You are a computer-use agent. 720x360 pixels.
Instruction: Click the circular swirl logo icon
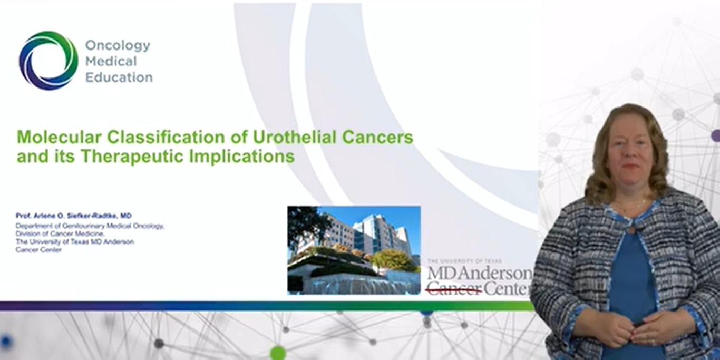tap(48, 61)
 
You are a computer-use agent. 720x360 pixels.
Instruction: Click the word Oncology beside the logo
tap(118, 46)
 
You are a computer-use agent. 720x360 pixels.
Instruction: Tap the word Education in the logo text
tap(119, 77)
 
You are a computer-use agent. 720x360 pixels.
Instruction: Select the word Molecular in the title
tap(60, 137)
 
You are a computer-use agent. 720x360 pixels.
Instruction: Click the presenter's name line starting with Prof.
tap(74, 216)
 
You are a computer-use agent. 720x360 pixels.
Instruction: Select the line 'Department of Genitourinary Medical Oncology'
tap(90, 226)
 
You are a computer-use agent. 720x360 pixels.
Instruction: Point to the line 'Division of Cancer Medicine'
tap(60, 233)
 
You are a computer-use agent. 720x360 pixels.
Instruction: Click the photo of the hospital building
tap(354, 250)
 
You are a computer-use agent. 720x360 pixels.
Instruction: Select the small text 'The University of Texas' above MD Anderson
tap(464, 261)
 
